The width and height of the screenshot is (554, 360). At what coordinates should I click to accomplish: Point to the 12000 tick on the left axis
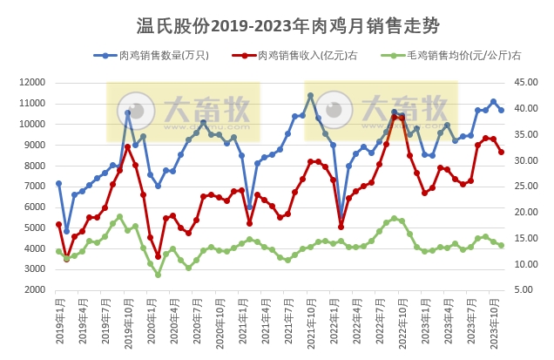[31, 82]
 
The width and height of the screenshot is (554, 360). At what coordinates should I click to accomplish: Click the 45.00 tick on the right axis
[526, 82]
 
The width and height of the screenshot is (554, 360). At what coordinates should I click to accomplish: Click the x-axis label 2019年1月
[59, 324]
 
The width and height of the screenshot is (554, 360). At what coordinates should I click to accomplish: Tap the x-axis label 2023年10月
[493, 324]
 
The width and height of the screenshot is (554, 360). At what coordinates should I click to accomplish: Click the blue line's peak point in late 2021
[310, 95]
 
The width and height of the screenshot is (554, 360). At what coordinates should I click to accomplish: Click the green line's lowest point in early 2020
[158, 275]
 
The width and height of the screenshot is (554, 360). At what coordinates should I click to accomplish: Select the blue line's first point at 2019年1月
[58, 183]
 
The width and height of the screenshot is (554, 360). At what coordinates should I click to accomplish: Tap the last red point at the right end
[501, 153]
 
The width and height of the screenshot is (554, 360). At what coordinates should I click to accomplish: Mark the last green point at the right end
[501, 245]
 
